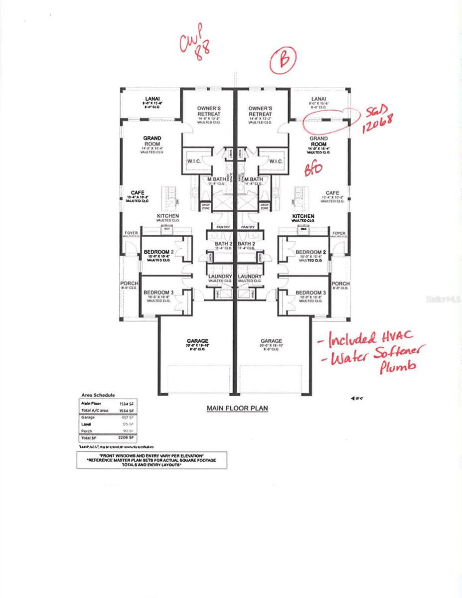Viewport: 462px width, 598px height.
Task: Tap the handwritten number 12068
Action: (x=377, y=122)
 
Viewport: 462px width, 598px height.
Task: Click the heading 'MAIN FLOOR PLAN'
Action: (x=237, y=408)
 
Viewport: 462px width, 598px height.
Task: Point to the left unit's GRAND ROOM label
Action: (x=152, y=141)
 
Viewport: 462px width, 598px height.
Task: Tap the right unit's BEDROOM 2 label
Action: (x=310, y=252)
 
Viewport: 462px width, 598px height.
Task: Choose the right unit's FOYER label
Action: (x=339, y=233)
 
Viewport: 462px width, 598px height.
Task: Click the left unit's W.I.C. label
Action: (x=194, y=161)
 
